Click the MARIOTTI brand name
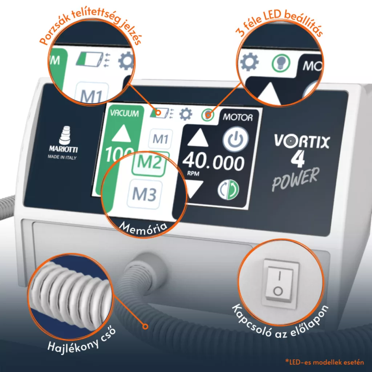(x=63, y=149)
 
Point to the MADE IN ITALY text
(x=62, y=157)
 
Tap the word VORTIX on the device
(x=302, y=142)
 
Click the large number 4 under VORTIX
(x=298, y=159)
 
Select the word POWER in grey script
(x=295, y=179)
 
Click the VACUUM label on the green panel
(x=125, y=113)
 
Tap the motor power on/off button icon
(x=235, y=139)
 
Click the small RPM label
(x=193, y=173)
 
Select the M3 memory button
(x=144, y=194)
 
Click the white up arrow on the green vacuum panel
(x=121, y=134)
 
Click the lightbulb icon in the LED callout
(x=281, y=63)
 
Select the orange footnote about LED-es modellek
(x=324, y=362)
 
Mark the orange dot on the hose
(x=145, y=327)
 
